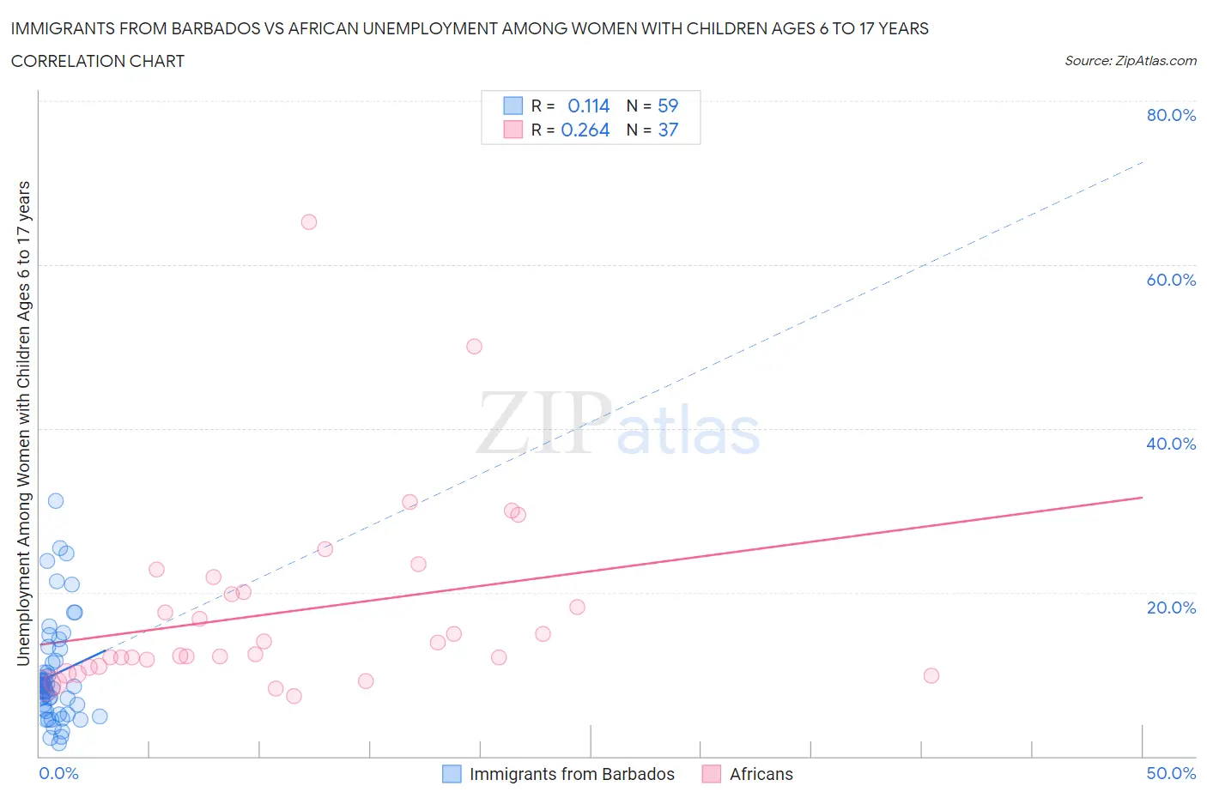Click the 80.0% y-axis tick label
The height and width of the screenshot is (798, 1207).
pyautogui.click(x=1171, y=115)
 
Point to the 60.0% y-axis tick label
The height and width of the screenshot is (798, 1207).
pyautogui.click(x=1171, y=280)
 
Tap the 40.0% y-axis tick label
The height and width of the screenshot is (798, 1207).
pyautogui.click(x=1171, y=444)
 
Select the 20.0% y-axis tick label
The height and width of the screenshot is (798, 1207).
pyautogui.click(x=1171, y=608)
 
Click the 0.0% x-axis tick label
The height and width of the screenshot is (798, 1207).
pyautogui.click(x=58, y=773)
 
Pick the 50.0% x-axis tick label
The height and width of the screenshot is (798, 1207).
pyautogui.click(x=1171, y=773)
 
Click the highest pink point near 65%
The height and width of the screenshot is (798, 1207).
pyautogui.click(x=309, y=222)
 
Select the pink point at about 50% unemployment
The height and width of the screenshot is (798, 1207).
pyautogui.click(x=474, y=347)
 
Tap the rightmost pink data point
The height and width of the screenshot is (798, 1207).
pyautogui.click(x=931, y=675)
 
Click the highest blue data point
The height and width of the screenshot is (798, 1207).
pyautogui.click(x=56, y=501)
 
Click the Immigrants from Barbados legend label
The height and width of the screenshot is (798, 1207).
pyautogui.click(x=572, y=774)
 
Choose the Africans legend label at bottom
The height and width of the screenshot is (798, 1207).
pyautogui.click(x=761, y=774)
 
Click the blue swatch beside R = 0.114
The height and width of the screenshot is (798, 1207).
pyautogui.click(x=513, y=106)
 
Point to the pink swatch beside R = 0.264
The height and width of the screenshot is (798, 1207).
pyautogui.click(x=513, y=130)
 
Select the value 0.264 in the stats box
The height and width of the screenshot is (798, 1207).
pyautogui.click(x=585, y=130)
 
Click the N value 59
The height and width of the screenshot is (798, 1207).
pyautogui.click(x=667, y=106)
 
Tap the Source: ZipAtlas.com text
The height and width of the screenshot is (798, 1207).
pyautogui.click(x=1130, y=60)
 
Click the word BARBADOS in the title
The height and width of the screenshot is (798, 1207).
pyautogui.click(x=217, y=28)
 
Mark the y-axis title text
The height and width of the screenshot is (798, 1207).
pyautogui.click(x=23, y=423)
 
